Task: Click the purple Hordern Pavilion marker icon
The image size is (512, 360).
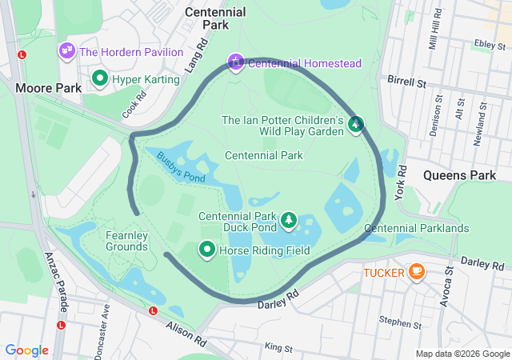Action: tap(66, 51)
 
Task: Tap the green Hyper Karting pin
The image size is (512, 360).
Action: tap(100, 78)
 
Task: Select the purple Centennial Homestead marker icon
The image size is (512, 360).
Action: tap(235, 62)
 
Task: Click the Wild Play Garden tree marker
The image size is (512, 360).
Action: tap(356, 124)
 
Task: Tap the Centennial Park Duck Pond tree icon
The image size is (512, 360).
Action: tap(288, 219)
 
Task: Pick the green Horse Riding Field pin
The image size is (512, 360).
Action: tap(207, 250)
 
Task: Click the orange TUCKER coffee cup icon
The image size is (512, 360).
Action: tap(415, 272)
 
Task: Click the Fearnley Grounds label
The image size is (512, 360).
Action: tap(127, 241)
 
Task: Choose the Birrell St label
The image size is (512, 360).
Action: tap(409, 82)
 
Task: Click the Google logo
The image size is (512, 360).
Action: tap(27, 350)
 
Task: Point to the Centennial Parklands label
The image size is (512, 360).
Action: tap(416, 228)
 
